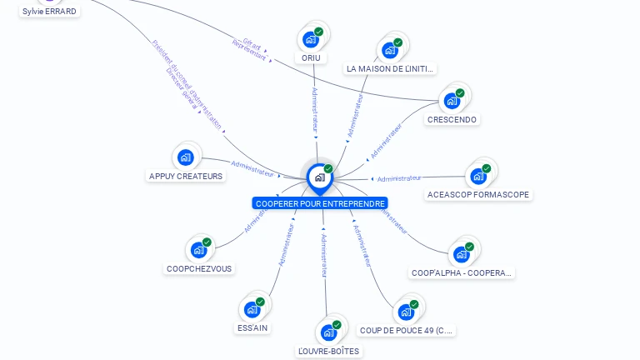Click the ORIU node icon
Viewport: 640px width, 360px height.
310,39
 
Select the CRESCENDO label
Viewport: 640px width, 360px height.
452,119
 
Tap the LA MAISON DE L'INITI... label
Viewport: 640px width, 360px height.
391,68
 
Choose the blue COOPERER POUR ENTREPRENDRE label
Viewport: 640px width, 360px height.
321,203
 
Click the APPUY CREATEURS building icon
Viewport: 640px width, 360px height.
185,157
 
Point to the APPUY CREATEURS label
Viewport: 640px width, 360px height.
186,176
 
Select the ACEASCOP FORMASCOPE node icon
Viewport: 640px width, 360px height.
477,176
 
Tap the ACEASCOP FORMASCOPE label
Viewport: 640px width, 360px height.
477,195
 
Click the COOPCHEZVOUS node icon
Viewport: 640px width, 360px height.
198,249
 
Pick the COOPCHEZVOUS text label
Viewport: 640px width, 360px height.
199,268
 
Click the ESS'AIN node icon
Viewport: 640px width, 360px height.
252,309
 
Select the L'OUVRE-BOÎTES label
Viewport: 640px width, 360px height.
328,351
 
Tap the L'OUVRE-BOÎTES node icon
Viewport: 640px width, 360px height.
328,332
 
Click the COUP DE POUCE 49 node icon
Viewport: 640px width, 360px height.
406,312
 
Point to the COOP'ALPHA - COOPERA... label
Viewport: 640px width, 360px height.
462,272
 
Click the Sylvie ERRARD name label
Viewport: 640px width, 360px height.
49,12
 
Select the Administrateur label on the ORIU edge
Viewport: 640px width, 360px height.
314,110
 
